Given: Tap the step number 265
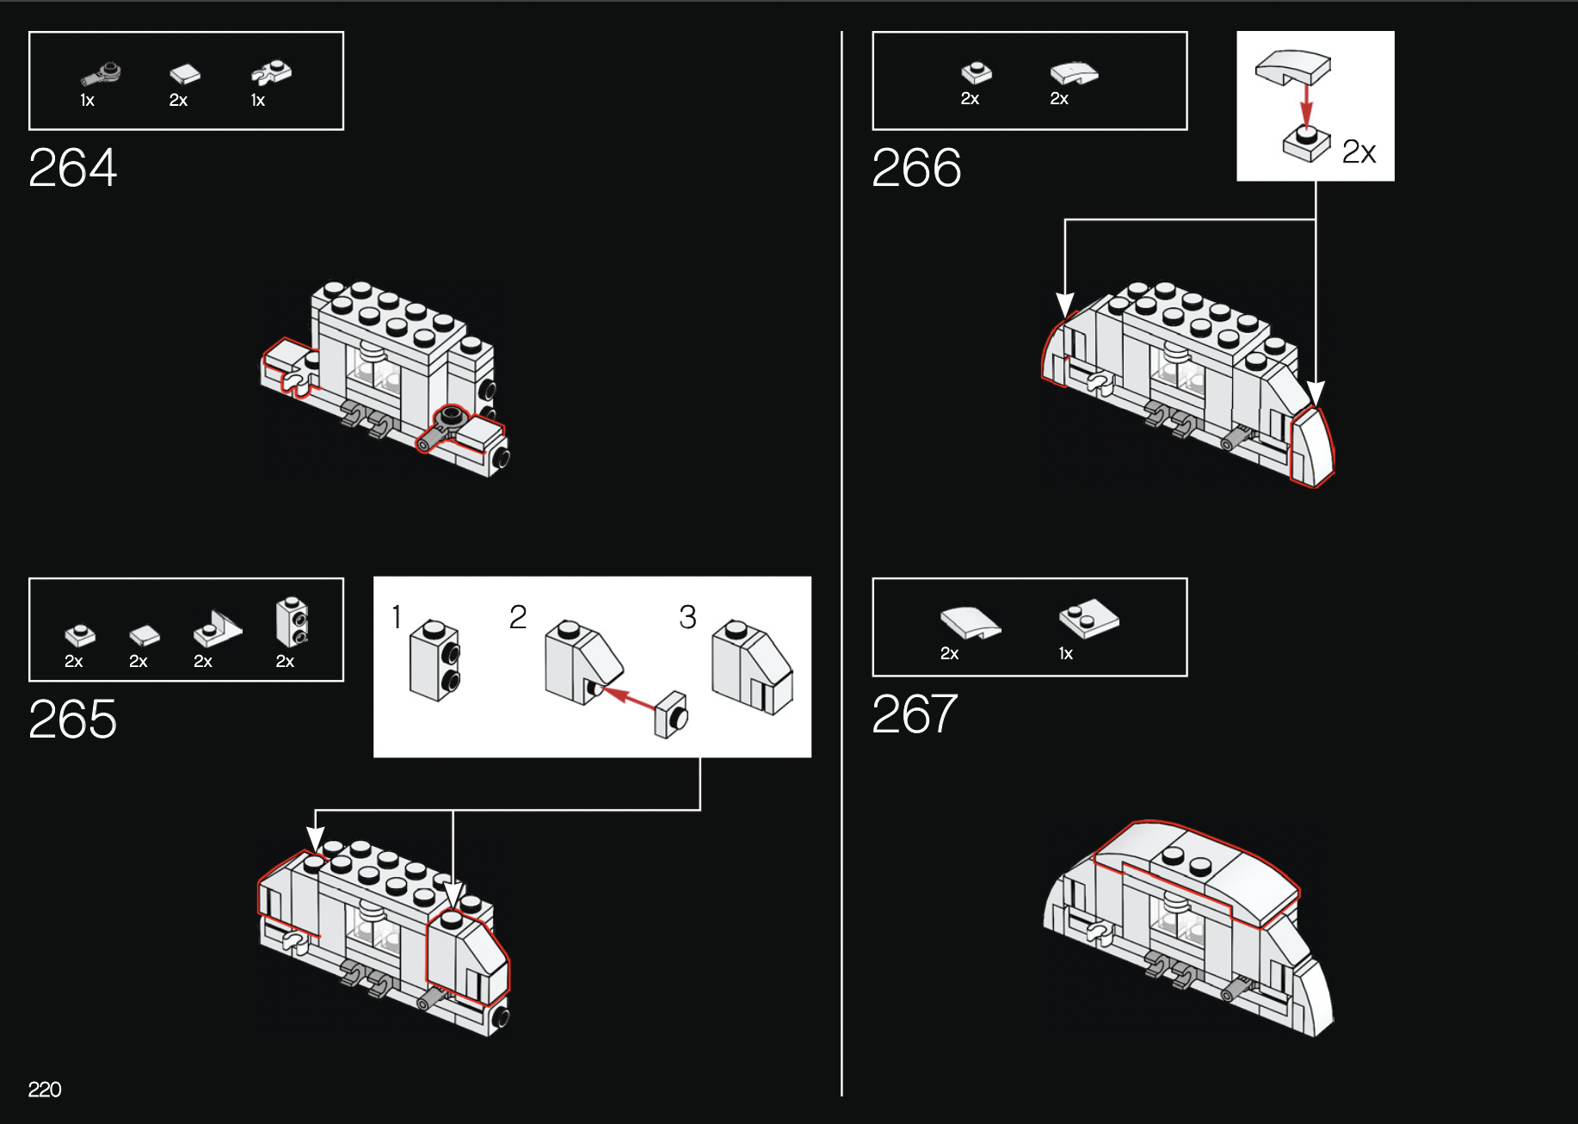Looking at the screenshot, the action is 72,719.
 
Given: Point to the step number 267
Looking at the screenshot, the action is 915,713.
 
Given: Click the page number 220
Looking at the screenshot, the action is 45,1090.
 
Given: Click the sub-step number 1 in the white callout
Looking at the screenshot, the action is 397,616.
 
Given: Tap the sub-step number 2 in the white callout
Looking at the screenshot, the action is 517,616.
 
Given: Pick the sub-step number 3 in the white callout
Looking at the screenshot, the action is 687,616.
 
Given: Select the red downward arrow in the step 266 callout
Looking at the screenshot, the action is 1306,105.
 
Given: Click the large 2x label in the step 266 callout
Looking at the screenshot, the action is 1359,152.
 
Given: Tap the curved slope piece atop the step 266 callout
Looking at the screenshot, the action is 1292,67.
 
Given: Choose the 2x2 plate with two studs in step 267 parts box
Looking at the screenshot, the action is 1088,618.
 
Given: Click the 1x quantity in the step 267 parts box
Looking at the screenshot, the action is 1066,653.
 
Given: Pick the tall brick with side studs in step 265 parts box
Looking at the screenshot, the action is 292,621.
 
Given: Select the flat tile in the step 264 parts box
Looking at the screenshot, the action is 185,74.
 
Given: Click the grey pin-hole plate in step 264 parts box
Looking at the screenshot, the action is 102,74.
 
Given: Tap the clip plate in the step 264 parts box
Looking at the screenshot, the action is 272,73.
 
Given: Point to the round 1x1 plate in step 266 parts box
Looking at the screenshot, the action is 977,72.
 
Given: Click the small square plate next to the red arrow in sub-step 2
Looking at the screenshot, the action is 670,715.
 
